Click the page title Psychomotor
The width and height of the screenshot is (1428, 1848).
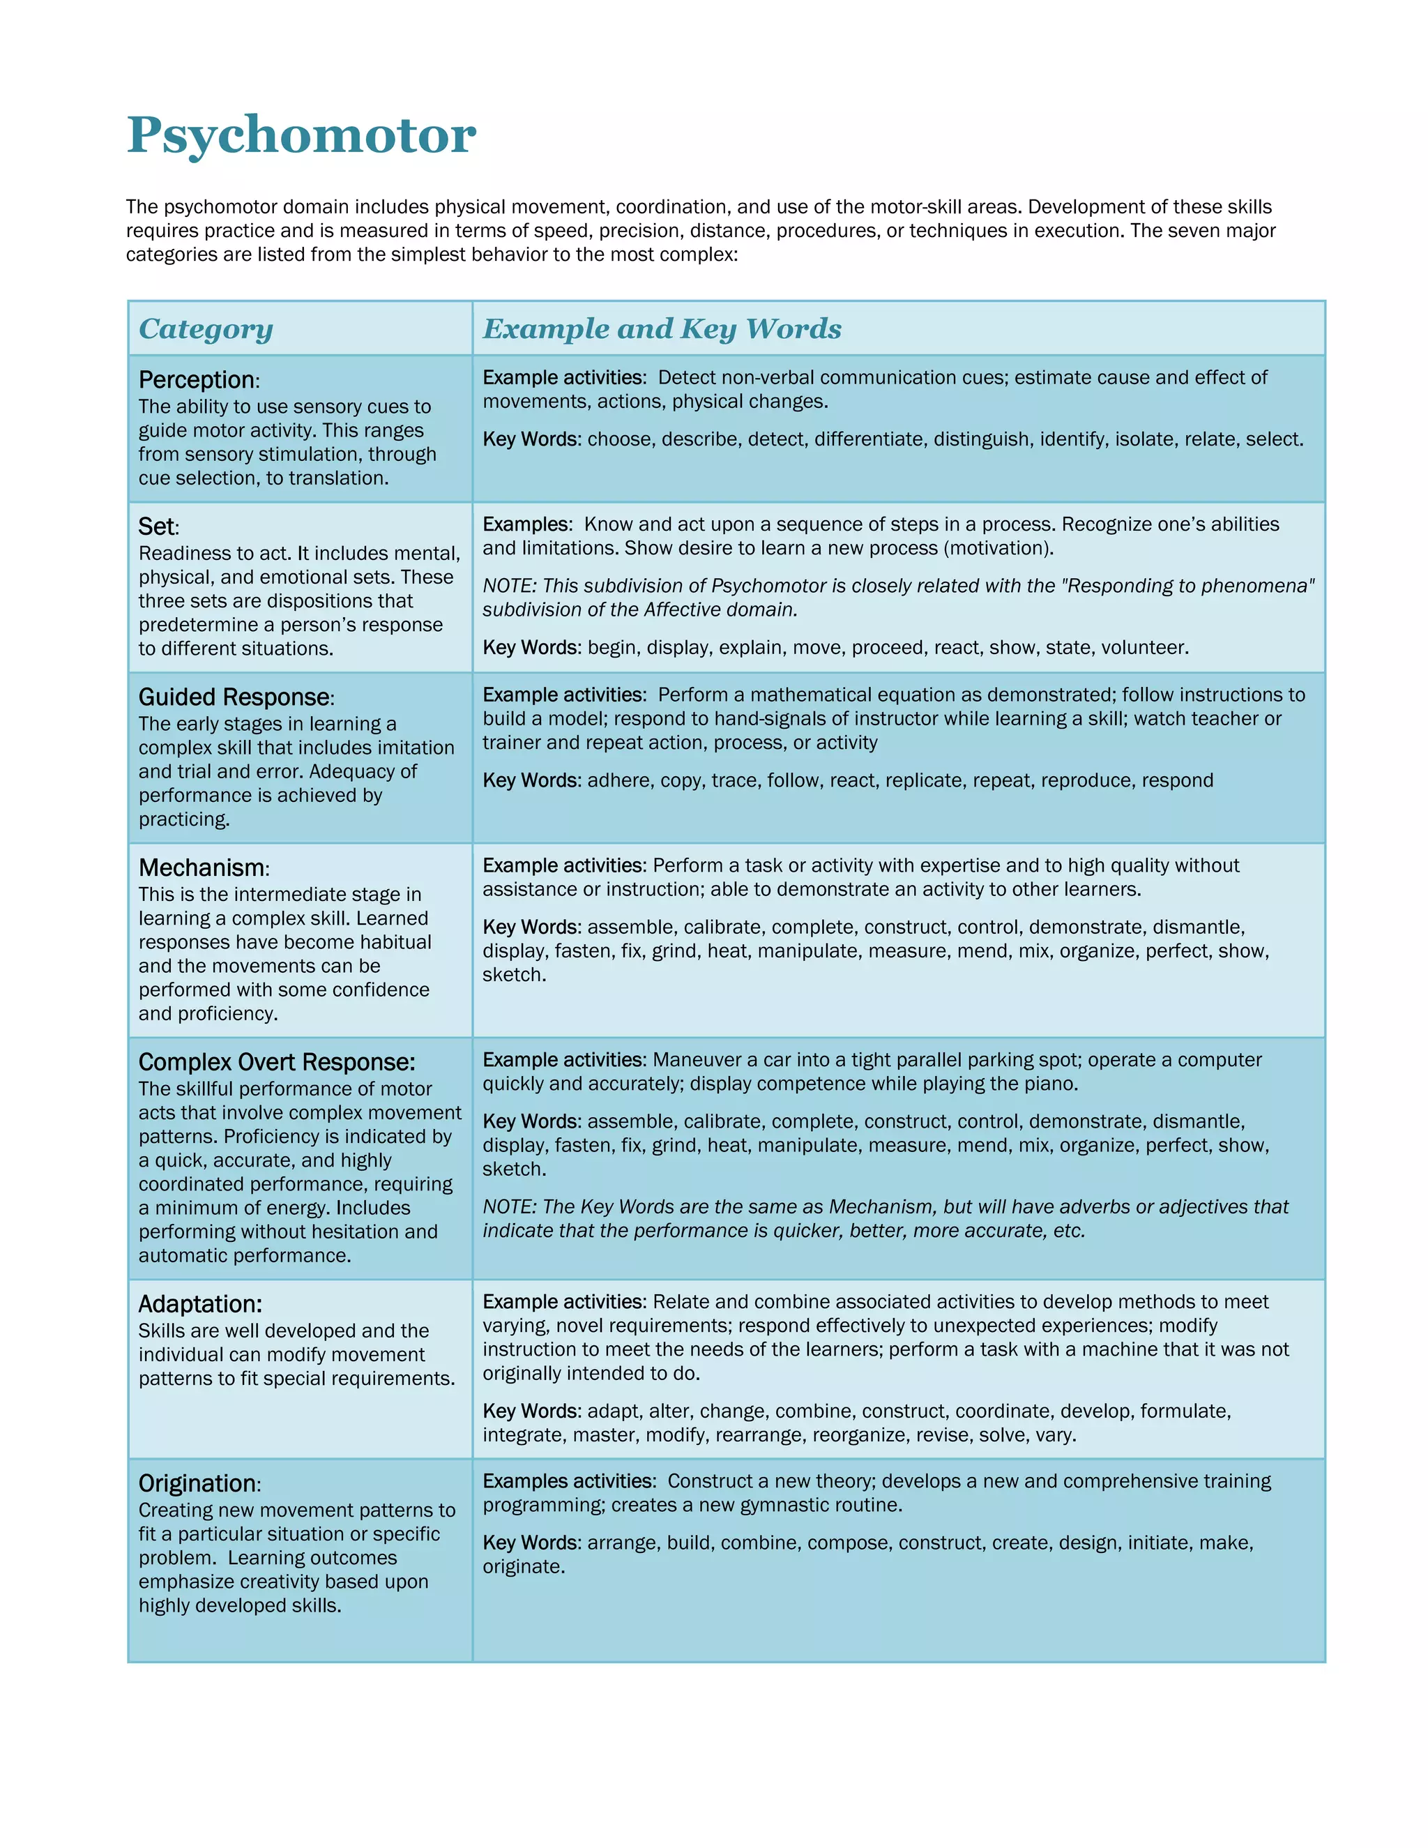301,135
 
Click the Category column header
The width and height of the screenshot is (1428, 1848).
206,329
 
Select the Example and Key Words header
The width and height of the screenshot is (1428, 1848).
662,329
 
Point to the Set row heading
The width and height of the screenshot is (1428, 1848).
158,527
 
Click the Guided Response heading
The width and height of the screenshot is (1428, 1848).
234,697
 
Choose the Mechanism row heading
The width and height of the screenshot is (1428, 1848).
202,868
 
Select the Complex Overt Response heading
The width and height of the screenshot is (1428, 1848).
277,1063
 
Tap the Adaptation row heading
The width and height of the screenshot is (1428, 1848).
199,1305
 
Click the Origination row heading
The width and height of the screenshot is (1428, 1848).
198,1484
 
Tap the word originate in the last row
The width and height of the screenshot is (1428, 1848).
522,1567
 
